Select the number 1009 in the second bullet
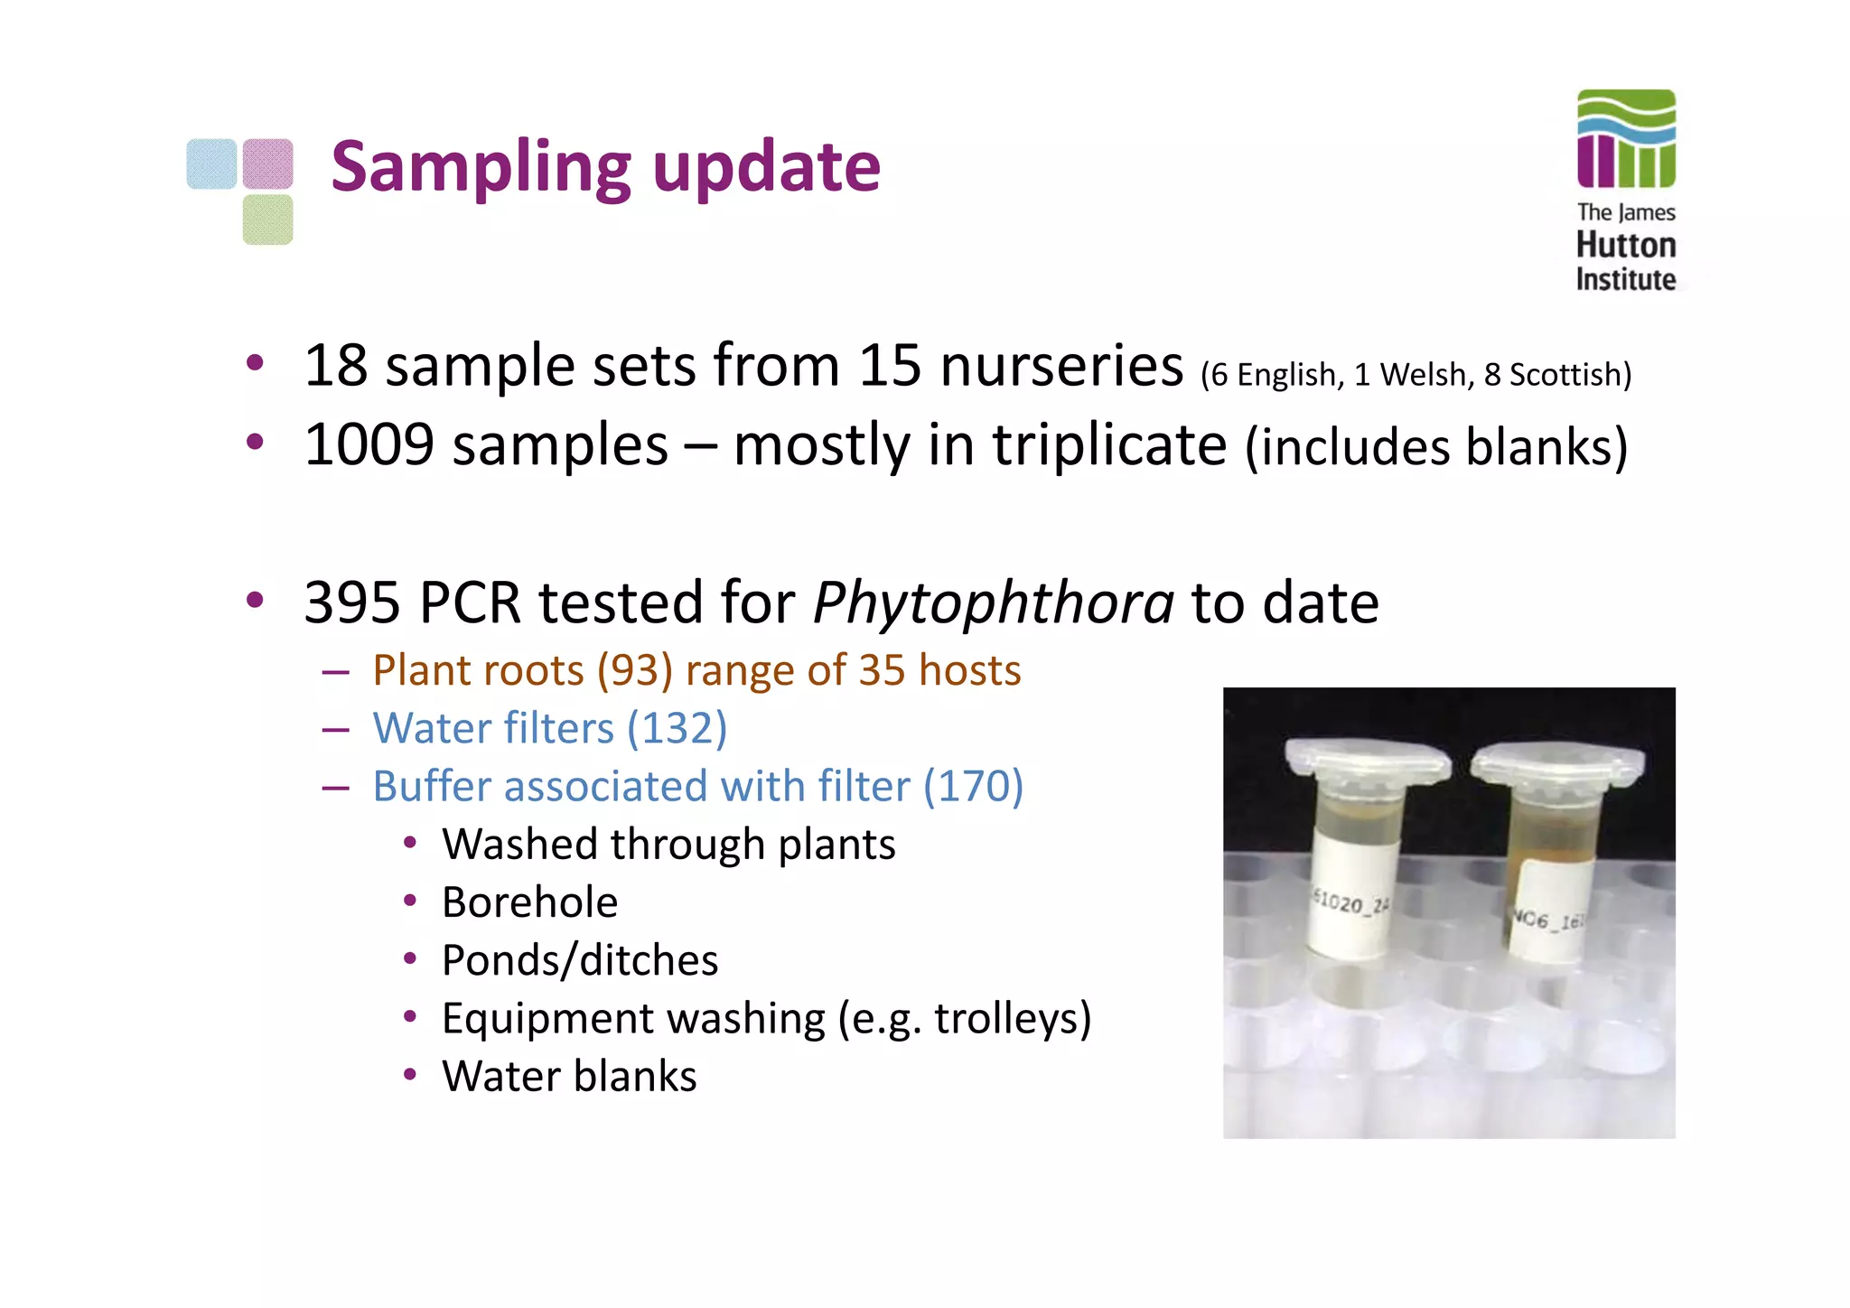(x=369, y=445)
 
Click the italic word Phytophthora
(x=993, y=603)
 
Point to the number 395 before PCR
(x=352, y=603)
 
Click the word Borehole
(x=530, y=902)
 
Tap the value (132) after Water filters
(x=677, y=728)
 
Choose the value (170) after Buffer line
(x=973, y=786)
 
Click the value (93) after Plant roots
(x=635, y=671)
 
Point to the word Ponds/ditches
(x=580, y=960)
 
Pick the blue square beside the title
(x=212, y=163)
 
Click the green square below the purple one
(x=267, y=220)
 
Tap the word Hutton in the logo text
(x=1626, y=246)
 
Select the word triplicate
(x=1109, y=445)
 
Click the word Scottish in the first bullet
(x=1564, y=375)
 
